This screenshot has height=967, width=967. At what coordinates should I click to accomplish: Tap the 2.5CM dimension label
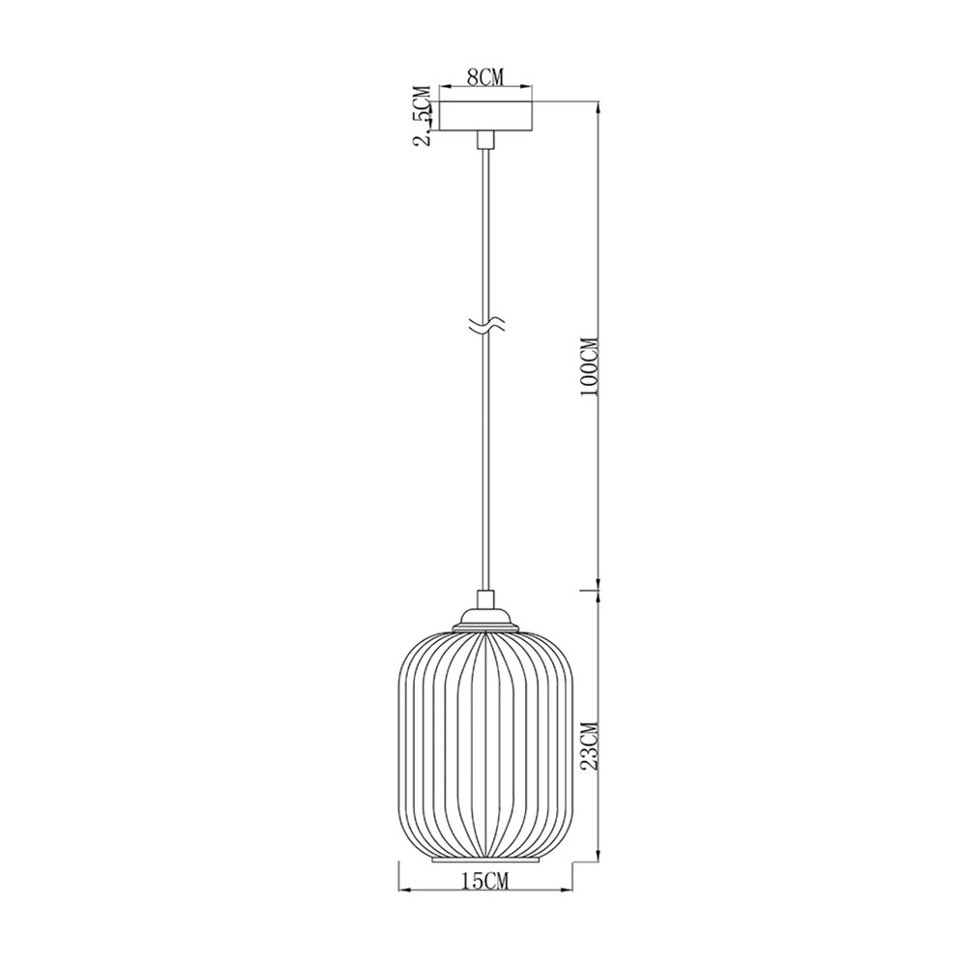424,115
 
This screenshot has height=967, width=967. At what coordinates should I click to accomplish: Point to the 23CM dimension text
590,746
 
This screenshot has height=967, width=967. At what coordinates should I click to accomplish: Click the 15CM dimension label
485,883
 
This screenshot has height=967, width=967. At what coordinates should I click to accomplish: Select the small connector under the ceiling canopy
486,139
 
